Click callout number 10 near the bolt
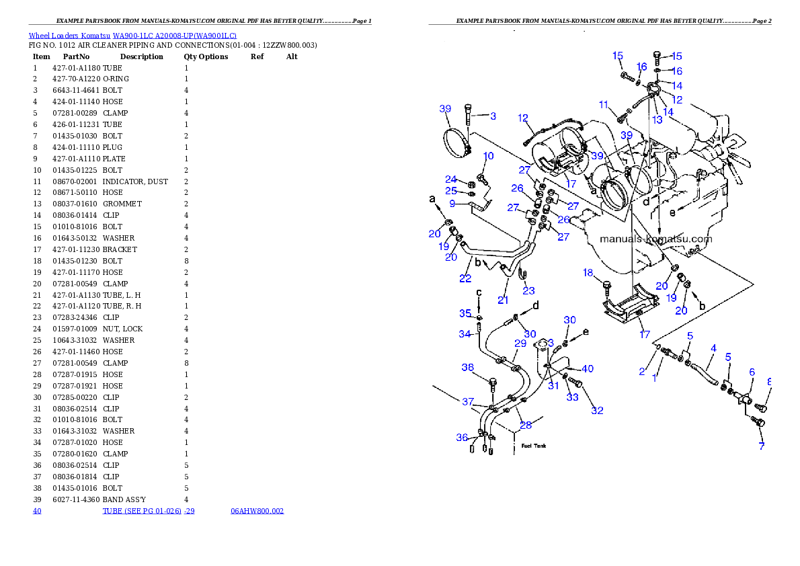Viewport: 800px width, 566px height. click(x=489, y=156)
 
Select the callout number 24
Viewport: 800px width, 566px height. click(x=451, y=179)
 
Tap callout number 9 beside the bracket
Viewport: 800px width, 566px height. click(x=452, y=204)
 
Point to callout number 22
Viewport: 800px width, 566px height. click(x=465, y=278)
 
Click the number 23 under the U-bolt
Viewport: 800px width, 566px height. click(x=529, y=290)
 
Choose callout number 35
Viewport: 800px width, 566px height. click(x=465, y=313)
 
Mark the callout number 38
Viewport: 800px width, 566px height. click(x=468, y=367)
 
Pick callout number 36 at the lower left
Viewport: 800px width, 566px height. click(x=462, y=438)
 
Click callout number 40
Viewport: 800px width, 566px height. click(x=588, y=368)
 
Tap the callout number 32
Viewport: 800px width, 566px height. click(x=597, y=410)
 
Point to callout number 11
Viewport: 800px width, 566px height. click(x=604, y=104)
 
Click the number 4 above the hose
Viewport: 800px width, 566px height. click(x=713, y=348)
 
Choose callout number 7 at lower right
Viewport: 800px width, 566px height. click(x=762, y=446)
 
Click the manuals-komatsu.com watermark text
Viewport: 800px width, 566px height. click(x=655, y=239)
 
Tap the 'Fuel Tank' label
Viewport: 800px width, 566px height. click(x=534, y=446)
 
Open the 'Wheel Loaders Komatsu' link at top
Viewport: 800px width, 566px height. click(x=132, y=35)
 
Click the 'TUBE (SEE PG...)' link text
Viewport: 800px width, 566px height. click(x=148, y=511)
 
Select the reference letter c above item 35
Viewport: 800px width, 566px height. click(x=479, y=292)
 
